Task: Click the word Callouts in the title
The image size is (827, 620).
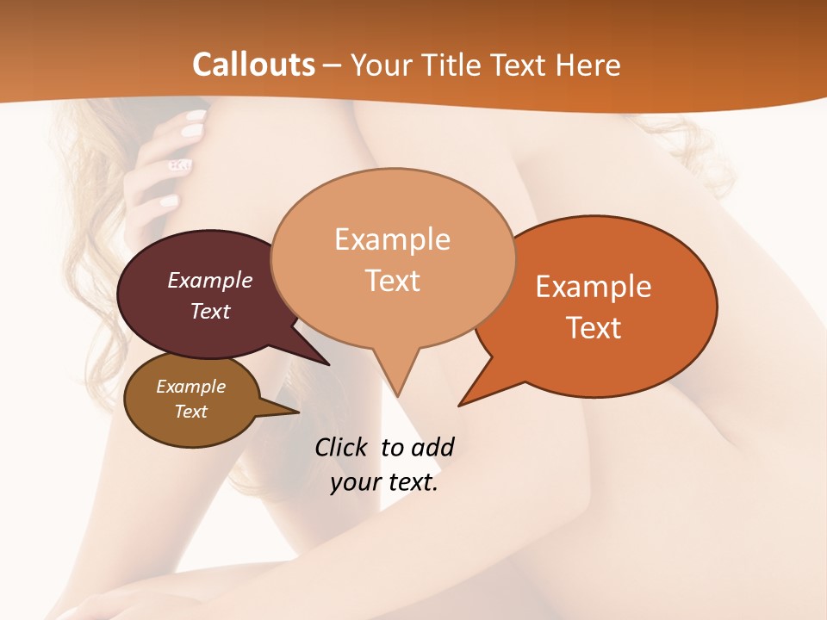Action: pyautogui.click(x=253, y=65)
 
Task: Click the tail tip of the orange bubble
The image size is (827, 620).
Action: pyautogui.click(x=462, y=403)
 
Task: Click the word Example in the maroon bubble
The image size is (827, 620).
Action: pyautogui.click(x=209, y=280)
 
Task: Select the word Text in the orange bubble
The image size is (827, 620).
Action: pyautogui.click(x=594, y=328)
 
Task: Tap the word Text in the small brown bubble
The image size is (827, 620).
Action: pyautogui.click(x=190, y=412)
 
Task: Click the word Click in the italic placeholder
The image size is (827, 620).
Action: pyautogui.click(x=342, y=447)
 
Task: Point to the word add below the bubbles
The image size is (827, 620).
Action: pyautogui.click(x=432, y=447)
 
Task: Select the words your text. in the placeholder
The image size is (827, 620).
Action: pyautogui.click(x=384, y=482)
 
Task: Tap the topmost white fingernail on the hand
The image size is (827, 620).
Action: pyautogui.click(x=197, y=115)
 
